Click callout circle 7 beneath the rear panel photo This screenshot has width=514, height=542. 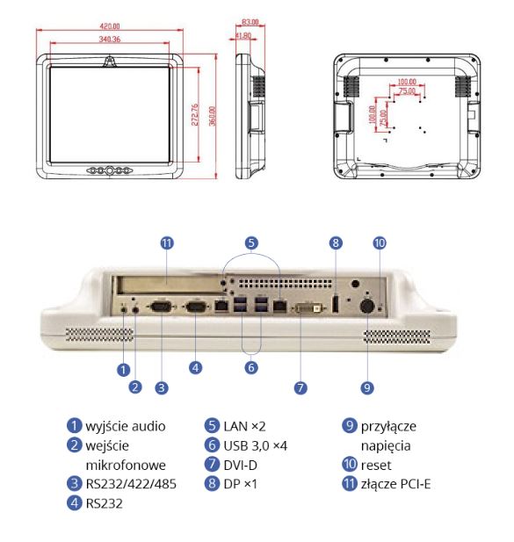click(301, 387)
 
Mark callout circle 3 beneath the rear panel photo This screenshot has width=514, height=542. click(162, 386)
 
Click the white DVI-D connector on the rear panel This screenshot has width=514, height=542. click(301, 310)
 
